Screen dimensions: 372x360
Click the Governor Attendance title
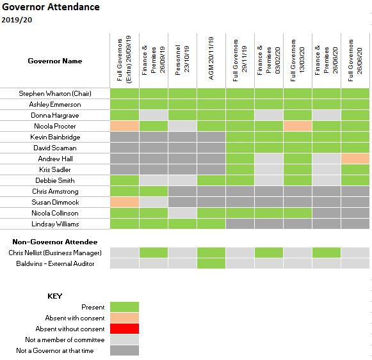[x=51, y=7]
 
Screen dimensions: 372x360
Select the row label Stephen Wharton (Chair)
[x=55, y=93]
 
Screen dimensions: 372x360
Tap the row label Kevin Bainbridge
[x=55, y=137]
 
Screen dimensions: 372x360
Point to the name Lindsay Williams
[x=55, y=224]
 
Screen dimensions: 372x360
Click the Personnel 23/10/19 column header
[x=182, y=59]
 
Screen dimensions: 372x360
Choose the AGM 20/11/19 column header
[x=211, y=58]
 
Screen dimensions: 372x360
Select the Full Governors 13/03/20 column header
[x=297, y=60]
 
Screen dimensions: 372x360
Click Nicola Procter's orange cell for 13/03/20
[x=298, y=126]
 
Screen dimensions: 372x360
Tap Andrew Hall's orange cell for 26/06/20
[x=355, y=159]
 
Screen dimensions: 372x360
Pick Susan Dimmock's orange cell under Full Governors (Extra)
[x=125, y=202]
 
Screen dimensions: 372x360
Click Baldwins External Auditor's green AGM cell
[x=211, y=263]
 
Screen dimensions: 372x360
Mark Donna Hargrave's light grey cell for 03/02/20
[x=269, y=115]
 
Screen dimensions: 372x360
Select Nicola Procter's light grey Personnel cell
[x=182, y=126]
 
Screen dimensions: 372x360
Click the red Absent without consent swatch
[x=125, y=329]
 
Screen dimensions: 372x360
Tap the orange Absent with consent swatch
[x=125, y=318]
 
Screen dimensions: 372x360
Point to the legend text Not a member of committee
[x=65, y=340]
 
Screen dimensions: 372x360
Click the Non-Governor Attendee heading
[x=55, y=242]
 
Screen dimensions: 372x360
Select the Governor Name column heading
[x=55, y=61]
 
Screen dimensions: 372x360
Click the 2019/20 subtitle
[x=17, y=20]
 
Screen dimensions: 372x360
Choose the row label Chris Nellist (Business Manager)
[x=55, y=253]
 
